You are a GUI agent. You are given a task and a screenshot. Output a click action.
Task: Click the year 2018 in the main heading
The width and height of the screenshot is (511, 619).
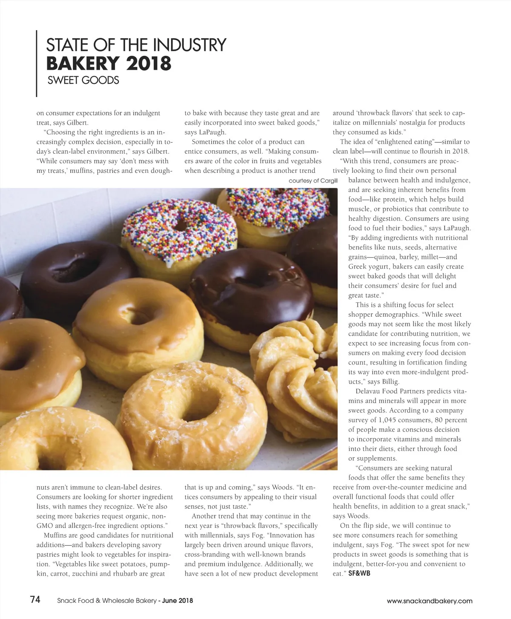(x=149, y=63)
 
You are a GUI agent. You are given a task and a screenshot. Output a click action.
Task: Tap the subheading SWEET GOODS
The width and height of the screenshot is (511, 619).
(x=83, y=80)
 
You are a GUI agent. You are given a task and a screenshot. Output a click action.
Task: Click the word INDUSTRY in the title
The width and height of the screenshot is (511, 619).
(x=189, y=45)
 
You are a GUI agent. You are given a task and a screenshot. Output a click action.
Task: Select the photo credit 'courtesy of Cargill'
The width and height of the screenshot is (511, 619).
(x=313, y=181)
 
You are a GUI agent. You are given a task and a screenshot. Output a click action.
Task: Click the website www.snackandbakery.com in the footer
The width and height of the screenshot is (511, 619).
(x=429, y=601)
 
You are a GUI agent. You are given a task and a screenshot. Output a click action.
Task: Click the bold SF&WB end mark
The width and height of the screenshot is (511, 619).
(x=359, y=573)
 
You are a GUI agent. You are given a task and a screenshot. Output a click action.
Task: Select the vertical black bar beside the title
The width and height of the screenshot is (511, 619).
(x=37, y=63)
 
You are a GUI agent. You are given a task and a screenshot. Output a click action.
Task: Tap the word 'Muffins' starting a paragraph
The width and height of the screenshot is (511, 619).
(x=55, y=535)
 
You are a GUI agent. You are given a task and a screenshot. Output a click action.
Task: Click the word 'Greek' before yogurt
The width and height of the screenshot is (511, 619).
(x=357, y=267)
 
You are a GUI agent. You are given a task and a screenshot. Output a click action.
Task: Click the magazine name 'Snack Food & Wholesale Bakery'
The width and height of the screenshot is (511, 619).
(x=107, y=601)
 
